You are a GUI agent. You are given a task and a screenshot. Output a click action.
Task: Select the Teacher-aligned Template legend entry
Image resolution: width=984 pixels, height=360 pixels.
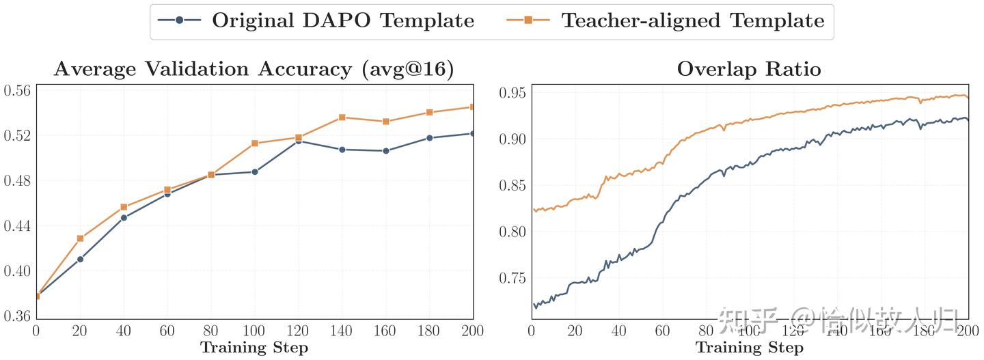click(x=666, y=20)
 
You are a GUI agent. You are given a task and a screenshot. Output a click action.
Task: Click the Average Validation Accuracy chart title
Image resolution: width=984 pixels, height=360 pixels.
click(x=254, y=70)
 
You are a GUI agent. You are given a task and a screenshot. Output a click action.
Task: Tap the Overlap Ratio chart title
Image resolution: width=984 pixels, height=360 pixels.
click(x=749, y=70)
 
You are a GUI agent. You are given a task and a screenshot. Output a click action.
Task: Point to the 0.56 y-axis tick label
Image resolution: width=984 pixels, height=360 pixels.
click(x=17, y=91)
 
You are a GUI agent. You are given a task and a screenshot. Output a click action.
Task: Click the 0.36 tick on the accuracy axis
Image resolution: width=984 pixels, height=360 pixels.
click(x=17, y=316)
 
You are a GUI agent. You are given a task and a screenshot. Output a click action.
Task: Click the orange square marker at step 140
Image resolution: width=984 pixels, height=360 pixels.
click(x=342, y=117)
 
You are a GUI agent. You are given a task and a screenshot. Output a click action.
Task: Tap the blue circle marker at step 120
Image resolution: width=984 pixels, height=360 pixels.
click(x=299, y=141)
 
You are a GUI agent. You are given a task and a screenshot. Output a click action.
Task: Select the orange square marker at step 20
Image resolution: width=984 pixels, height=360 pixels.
click(x=80, y=238)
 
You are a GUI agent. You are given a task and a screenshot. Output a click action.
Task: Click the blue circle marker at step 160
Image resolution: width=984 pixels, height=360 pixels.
click(x=386, y=151)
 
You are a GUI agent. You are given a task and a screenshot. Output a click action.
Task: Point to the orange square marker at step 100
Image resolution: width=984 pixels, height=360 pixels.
click(x=255, y=143)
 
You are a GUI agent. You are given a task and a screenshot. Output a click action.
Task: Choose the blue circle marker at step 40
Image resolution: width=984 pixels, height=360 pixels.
click(x=124, y=218)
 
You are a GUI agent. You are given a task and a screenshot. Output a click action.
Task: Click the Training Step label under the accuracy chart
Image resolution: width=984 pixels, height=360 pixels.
click(x=254, y=348)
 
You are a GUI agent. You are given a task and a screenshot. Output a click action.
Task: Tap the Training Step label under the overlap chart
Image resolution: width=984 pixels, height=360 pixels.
click(x=750, y=348)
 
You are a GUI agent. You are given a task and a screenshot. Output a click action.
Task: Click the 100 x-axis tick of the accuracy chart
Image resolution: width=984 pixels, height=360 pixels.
click(x=255, y=331)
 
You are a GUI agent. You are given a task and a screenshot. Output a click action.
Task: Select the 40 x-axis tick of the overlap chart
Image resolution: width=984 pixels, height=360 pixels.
click(x=619, y=331)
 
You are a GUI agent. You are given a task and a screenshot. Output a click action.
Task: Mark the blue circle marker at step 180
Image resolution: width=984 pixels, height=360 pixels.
click(x=430, y=138)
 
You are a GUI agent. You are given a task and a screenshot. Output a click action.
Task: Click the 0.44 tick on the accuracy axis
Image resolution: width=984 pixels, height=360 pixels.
click(x=17, y=226)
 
